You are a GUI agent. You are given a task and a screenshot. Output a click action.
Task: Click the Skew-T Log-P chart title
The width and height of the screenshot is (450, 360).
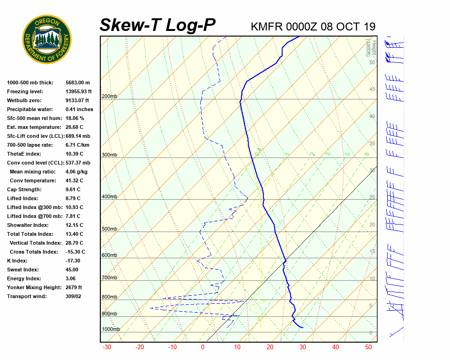tap(157, 25)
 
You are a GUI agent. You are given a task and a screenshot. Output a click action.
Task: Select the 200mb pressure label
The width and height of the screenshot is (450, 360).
tap(109, 97)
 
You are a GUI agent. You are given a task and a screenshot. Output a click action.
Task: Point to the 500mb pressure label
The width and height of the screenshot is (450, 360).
tap(109, 229)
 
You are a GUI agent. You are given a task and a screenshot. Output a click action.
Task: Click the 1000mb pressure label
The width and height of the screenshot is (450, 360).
tap(111, 330)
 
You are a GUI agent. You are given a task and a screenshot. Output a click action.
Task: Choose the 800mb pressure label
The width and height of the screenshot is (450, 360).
tap(109, 297)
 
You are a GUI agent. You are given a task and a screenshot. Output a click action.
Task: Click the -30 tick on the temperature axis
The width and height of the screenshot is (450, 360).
tap(107, 347)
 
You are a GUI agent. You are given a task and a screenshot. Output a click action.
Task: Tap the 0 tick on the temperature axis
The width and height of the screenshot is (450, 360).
tap(202, 347)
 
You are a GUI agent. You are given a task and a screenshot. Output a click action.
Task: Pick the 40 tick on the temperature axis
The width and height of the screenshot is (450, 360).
tap(336, 347)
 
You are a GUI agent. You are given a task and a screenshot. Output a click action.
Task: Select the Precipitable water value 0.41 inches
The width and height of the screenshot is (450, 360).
tap(79, 109)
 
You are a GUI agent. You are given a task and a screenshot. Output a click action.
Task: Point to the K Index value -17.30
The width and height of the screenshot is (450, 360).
tap(73, 261)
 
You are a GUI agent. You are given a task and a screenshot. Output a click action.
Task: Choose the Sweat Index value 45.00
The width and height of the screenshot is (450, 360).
tap(72, 270)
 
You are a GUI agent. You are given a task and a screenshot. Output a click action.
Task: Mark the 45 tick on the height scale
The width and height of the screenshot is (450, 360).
tap(372, 90)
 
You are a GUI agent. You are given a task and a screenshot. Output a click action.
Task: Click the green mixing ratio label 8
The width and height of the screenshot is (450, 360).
tap(367, 154)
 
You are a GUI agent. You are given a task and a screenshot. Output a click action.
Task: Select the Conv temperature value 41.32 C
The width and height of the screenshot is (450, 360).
tap(75, 180)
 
